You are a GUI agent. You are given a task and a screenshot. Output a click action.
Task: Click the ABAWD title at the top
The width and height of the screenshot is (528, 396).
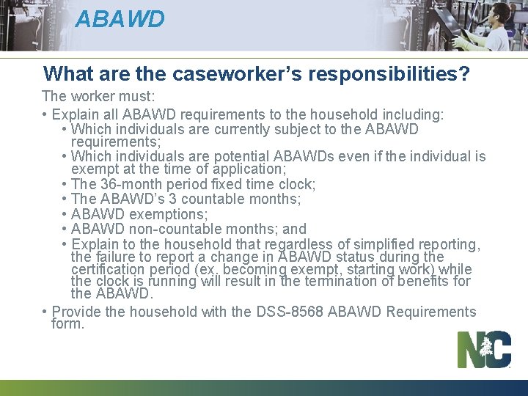pyautogui.click(x=120, y=18)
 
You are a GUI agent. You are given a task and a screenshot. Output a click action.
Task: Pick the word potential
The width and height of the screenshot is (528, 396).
pyautogui.click(x=241, y=156)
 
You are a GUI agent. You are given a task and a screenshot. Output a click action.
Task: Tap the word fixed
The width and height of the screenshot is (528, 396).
pyautogui.click(x=225, y=184)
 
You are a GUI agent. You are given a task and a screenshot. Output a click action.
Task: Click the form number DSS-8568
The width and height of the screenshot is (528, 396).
pyautogui.click(x=290, y=312)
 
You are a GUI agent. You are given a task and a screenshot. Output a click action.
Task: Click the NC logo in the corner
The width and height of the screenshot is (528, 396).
pyautogui.click(x=484, y=349)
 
